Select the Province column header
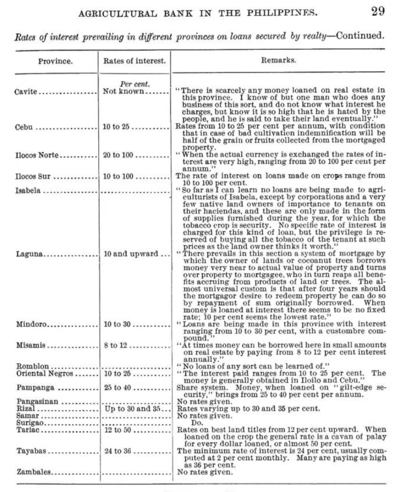55,62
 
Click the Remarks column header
279,61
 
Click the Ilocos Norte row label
37,155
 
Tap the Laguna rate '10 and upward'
129,254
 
